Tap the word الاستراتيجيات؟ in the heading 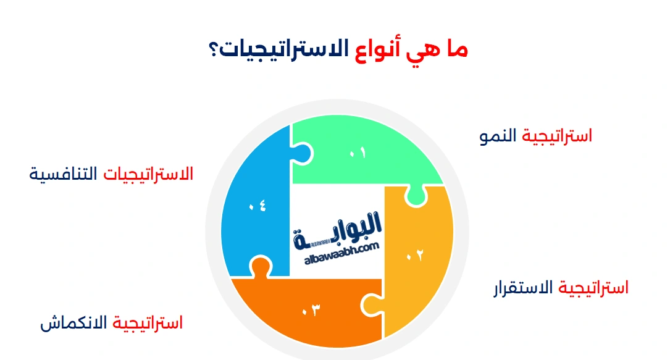275,49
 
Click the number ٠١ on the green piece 358,152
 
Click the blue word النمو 499,136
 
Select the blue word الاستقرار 524,288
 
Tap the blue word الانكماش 74,323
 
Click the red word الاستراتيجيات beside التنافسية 148,174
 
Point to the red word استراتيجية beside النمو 557,136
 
